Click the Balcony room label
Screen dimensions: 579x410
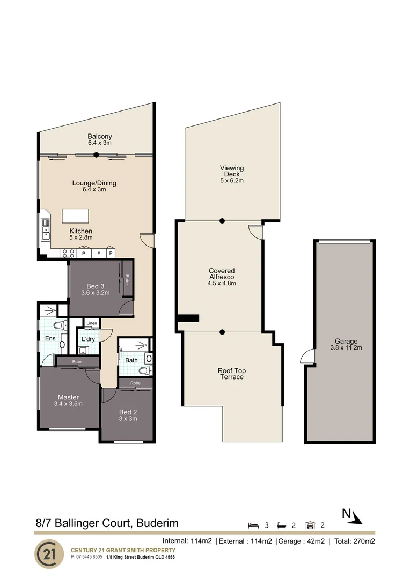[100, 137]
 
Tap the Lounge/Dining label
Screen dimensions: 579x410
[94, 183]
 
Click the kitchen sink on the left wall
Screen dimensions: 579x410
[46, 231]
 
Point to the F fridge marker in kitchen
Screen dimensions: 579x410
[97, 253]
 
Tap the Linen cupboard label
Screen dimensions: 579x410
[92, 323]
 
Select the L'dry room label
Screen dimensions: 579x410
[88, 340]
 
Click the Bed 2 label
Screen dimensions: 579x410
[128, 411]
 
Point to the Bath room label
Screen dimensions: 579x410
[131, 360]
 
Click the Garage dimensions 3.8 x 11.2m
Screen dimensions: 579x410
[346, 348]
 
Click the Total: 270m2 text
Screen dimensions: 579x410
[355, 541]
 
